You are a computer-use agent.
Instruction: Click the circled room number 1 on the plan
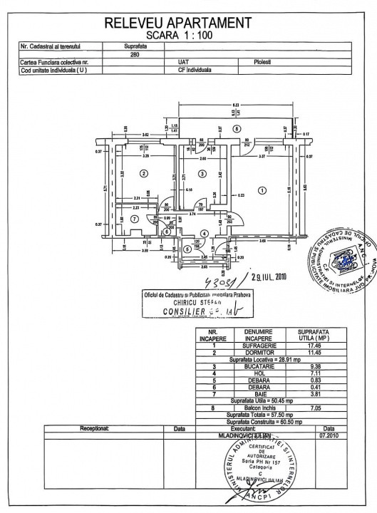point(262,190)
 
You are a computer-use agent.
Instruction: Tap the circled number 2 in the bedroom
point(143,173)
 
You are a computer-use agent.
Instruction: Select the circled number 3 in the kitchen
point(202,173)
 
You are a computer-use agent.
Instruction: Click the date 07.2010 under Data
point(328,435)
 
